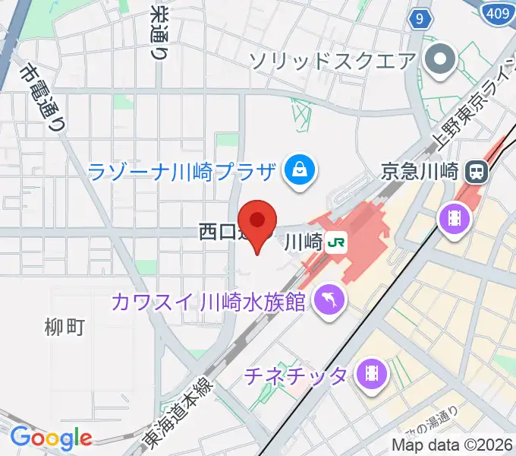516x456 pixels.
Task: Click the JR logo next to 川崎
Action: pyautogui.click(x=336, y=243)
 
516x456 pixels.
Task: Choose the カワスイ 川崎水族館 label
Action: pyautogui.click(x=209, y=302)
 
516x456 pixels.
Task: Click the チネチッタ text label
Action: pyautogui.click(x=297, y=374)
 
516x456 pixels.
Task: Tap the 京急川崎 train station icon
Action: pyautogui.click(x=477, y=171)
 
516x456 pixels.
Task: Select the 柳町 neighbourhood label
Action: pyautogui.click(x=64, y=328)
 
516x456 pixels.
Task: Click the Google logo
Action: pyautogui.click(x=51, y=438)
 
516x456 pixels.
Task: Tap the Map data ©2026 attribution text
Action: pyautogui.click(x=452, y=445)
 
